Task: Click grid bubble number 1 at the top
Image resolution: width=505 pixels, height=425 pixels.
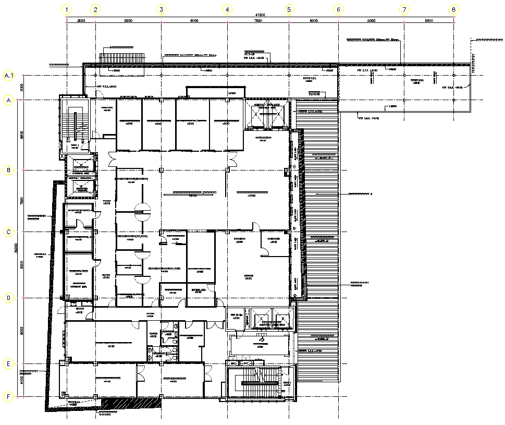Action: click(67, 9)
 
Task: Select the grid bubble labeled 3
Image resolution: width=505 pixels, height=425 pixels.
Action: click(161, 9)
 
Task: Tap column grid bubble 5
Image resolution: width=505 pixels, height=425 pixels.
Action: click(290, 9)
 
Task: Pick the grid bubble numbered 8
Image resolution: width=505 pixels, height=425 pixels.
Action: click(454, 9)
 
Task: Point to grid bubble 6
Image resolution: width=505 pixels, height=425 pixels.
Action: click(338, 9)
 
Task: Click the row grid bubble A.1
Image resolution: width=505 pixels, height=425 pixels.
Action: click(8, 76)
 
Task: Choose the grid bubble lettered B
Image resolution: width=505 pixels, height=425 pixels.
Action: click(8, 170)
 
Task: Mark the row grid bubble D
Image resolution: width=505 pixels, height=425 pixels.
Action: click(8, 298)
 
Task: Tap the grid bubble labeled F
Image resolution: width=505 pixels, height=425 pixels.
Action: click(8, 397)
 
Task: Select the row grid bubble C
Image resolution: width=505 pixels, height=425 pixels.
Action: click(8, 232)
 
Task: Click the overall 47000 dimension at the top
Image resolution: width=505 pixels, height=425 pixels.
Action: click(260, 15)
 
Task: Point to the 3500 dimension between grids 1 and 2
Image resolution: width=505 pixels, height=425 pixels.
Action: click(81, 21)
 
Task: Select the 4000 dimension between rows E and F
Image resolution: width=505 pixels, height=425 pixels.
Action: click(22, 380)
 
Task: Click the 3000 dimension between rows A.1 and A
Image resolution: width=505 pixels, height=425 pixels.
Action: click(22, 88)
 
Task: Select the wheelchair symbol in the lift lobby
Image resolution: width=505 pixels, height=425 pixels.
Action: click(262, 338)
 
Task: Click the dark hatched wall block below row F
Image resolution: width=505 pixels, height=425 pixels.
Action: click(130, 403)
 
